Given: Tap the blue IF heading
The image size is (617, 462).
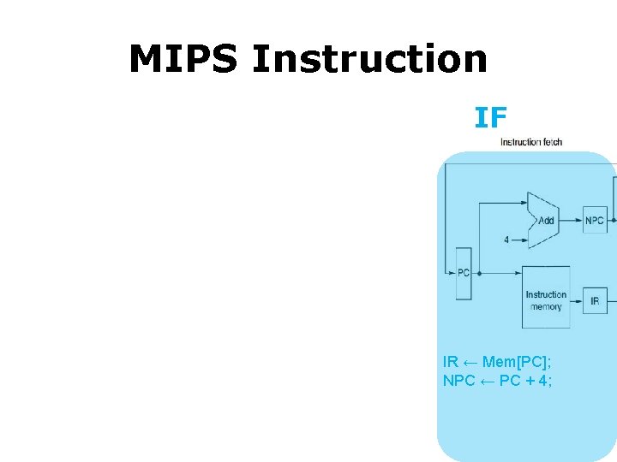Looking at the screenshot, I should click(x=490, y=117).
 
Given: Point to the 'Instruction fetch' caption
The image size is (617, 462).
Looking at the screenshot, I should click(x=531, y=142).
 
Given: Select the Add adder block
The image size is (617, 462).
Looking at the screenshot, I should click(x=543, y=220).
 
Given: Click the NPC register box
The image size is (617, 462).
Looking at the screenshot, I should click(x=595, y=220).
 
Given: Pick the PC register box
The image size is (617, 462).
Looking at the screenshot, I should click(x=463, y=273).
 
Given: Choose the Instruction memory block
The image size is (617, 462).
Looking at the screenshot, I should click(x=546, y=300).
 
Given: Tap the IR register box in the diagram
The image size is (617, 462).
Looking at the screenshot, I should click(x=595, y=300).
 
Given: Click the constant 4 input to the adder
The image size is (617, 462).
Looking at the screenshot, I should click(x=506, y=240).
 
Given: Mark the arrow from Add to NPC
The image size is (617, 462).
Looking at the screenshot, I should click(x=572, y=220).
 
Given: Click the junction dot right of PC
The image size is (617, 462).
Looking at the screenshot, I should click(x=479, y=273).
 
